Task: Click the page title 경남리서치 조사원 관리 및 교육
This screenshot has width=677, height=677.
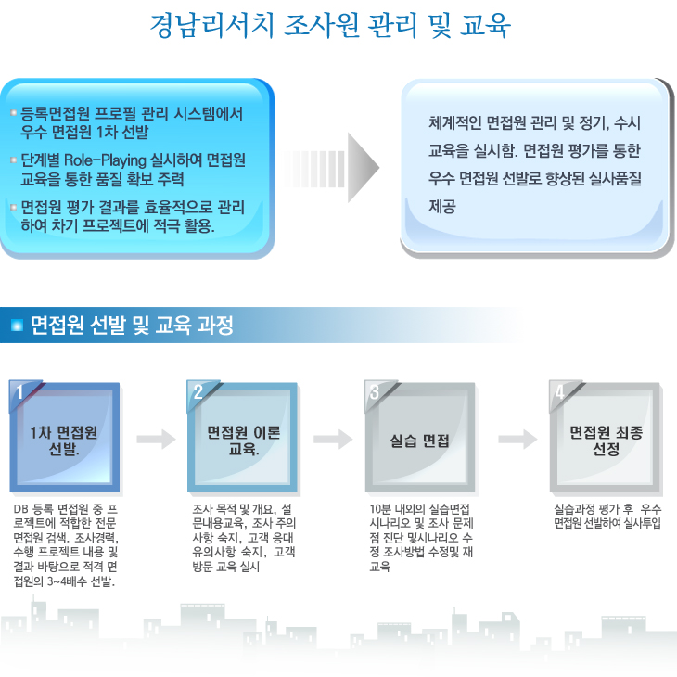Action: coord(330,25)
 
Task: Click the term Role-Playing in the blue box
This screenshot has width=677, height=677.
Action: coord(106,160)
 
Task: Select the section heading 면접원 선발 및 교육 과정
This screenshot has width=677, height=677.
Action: coord(132,326)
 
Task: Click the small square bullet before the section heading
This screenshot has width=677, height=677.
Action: coord(17,326)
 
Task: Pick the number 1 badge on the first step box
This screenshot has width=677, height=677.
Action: coord(19,392)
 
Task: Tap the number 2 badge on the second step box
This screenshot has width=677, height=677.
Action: coord(198,392)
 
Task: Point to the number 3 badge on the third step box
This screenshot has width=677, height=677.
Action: coord(375,392)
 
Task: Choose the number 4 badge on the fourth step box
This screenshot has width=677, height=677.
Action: coord(559,392)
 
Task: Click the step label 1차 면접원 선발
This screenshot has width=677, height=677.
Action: coord(64,441)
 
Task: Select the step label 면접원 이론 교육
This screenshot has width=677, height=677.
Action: coord(244,441)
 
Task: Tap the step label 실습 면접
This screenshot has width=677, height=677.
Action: coord(420,441)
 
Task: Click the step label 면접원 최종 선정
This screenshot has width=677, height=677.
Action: coord(607,441)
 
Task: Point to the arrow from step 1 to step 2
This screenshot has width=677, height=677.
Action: coord(157,439)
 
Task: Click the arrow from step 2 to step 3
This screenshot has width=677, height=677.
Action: coord(333,439)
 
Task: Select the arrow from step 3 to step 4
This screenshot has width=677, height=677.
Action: coord(517,439)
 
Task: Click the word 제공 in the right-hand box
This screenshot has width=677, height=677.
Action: coord(442,207)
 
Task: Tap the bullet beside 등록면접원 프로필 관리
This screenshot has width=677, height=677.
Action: coord(13,113)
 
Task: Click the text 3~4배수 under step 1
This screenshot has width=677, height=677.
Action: coord(67,581)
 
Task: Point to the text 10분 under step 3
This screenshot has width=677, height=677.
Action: coord(380,509)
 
